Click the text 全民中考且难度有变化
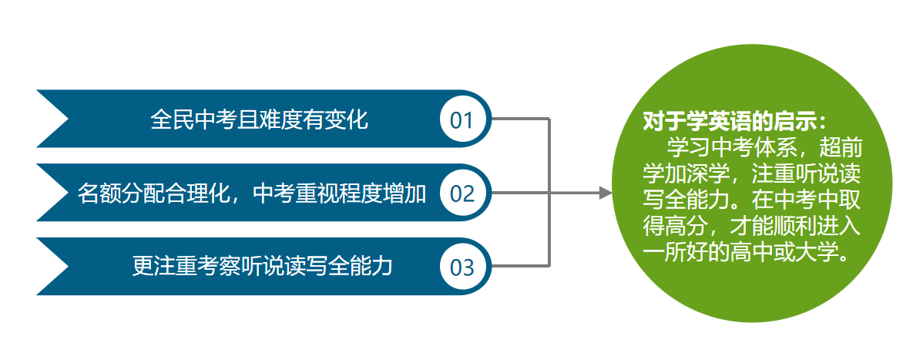tap(259, 119)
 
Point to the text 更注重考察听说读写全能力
tap(262, 266)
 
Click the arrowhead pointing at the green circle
tap(606, 193)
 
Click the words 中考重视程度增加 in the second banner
tap(340, 193)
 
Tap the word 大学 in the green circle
tap(817, 253)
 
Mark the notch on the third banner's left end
tap(68, 267)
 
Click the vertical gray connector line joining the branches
tap(549, 193)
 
